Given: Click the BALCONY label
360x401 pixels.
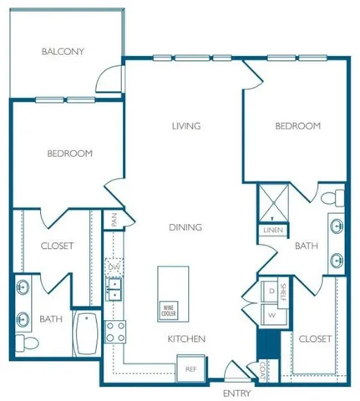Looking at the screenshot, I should [x=63, y=52].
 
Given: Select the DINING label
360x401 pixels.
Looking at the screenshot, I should [x=185, y=226].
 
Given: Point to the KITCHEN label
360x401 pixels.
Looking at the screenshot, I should [x=186, y=338].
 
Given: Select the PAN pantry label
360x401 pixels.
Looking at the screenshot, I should [x=114, y=220].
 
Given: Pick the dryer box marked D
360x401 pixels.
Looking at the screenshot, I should [x=271, y=291].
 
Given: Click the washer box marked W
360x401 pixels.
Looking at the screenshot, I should [x=271, y=315].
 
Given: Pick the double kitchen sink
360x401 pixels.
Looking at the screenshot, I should [x=114, y=288].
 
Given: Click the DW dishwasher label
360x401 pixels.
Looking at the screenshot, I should [x=114, y=266].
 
